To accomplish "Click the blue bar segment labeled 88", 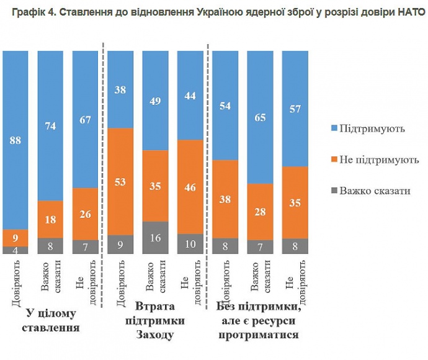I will coord(16,140).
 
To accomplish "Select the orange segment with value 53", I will coord(122,181).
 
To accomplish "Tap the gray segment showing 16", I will coord(156,238).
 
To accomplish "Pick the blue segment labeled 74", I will coord(51,125).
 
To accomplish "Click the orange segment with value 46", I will coord(191,186).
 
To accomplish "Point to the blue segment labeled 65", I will coord(261,117).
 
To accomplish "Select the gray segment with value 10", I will coord(191,244).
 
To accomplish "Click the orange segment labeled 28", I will coord(261,212).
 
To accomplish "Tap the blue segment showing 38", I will coord(122,89).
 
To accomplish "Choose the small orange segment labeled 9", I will coord(16,237).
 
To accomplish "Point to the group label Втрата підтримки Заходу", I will coord(156,320).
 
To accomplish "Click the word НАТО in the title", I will coord(410,13).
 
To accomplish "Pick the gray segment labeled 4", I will coord(16,250).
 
